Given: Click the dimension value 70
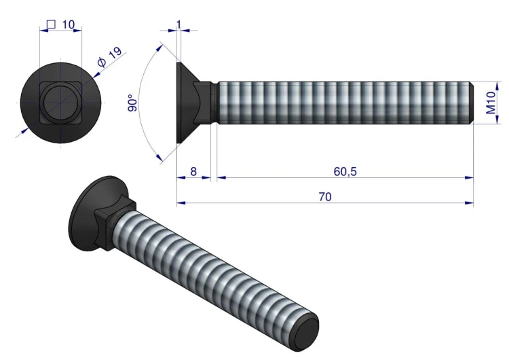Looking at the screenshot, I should [324, 196].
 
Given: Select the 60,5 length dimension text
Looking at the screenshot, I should [345, 171].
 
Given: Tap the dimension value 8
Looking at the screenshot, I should [193, 171].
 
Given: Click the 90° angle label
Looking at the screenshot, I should [133, 103].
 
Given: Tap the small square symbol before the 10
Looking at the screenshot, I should [50, 24].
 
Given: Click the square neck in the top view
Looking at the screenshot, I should [60, 103].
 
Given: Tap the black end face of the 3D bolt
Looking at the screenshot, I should [305, 332].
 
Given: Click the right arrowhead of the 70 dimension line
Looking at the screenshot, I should [469, 202].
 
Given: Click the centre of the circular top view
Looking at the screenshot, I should [60, 103].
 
